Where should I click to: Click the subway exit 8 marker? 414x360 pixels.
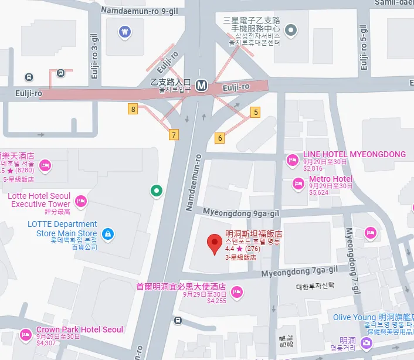coord(134,109)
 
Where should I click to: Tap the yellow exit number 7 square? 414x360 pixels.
coord(173,135)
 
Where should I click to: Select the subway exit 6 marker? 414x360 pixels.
coord(220,138)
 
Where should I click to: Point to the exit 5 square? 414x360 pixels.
coord(255,111)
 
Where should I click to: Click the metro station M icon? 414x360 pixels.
coord(202,85)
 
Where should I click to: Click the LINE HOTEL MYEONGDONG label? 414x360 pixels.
coord(354,155)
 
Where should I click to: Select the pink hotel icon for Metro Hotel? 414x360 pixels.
coord(298,184)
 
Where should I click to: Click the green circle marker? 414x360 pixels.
coord(156,191)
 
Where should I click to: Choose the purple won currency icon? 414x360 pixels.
coord(124,32)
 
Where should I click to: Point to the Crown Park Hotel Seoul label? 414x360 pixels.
coord(80,330)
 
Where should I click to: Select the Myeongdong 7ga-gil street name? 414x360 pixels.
coord(300,271)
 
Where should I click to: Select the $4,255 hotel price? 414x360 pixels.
coord(216,301)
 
